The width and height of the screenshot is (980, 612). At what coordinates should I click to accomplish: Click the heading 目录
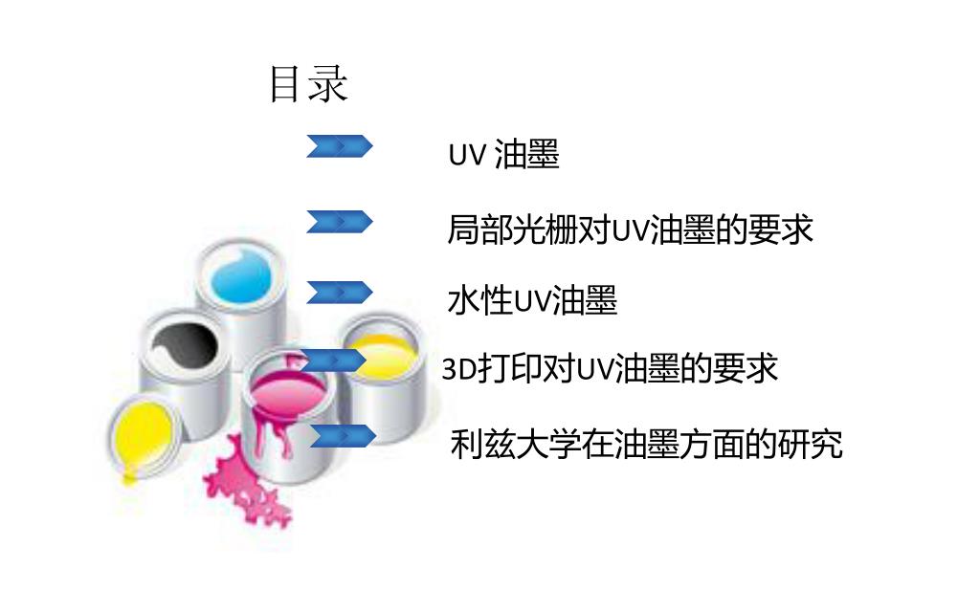pyautogui.click(x=308, y=84)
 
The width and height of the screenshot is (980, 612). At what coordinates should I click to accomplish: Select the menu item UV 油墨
pyautogui.click(x=503, y=155)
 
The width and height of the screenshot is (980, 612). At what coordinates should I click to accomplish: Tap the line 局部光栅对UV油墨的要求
pyautogui.click(x=630, y=229)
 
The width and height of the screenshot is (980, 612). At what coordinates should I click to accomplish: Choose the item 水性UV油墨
pyautogui.click(x=532, y=300)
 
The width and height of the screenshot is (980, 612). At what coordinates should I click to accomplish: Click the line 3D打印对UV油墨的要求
pyautogui.click(x=610, y=369)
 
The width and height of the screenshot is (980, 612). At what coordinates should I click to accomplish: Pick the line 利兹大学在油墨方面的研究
pyautogui.click(x=646, y=445)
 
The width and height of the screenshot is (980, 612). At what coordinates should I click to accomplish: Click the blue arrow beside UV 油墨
pyautogui.click(x=339, y=146)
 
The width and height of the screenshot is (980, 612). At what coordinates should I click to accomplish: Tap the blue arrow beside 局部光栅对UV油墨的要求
pyautogui.click(x=339, y=222)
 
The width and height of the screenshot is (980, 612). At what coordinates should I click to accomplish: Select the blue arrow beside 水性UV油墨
pyautogui.click(x=339, y=292)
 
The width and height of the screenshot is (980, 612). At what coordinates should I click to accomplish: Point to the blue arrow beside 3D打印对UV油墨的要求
pyautogui.click(x=333, y=361)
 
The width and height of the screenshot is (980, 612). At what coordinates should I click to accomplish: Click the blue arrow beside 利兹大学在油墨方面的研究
pyautogui.click(x=342, y=436)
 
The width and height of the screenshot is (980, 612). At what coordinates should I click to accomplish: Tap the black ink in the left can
pyautogui.click(x=182, y=342)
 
